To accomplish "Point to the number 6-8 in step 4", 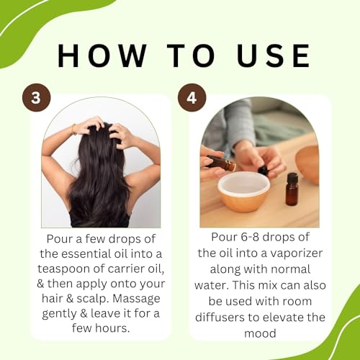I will point(246,238).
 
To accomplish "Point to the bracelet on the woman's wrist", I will point(73,131).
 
